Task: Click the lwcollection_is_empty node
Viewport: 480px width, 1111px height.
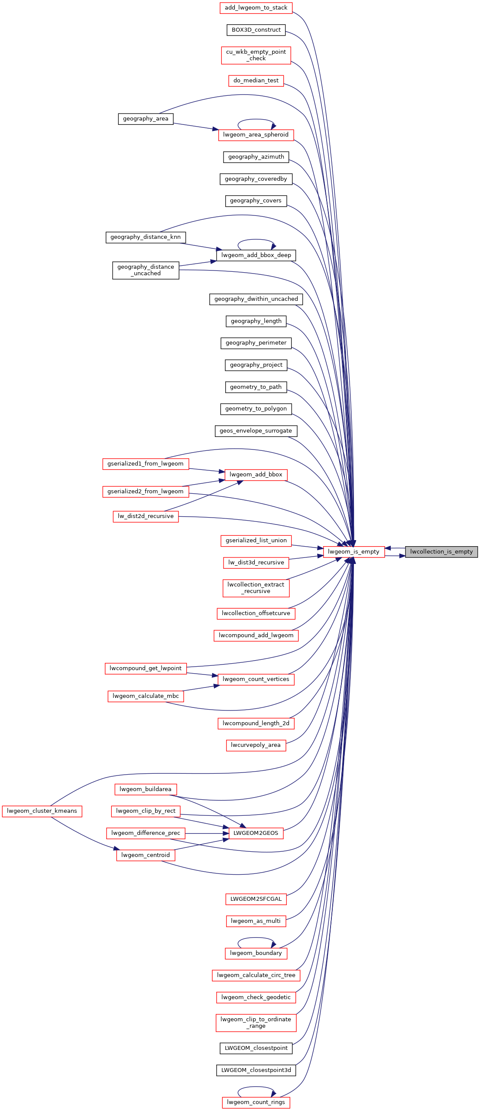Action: pos(441,552)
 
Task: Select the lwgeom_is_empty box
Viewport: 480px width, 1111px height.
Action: pos(354,552)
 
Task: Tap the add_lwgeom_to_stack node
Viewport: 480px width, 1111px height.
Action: pos(256,8)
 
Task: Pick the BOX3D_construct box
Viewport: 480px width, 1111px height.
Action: pos(256,30)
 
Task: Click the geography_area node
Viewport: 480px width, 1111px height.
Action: pos(146,119)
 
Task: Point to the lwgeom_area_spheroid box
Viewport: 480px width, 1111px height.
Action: pos(256,135)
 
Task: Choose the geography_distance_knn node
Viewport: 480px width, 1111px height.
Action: pos(146,237)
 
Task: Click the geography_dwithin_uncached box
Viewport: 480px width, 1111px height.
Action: pos(256,299)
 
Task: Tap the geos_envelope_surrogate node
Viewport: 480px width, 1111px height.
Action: pos(256,431)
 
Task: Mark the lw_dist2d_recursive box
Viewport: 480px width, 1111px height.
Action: pos(146,516)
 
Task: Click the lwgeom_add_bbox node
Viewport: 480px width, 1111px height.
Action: pos(256,475)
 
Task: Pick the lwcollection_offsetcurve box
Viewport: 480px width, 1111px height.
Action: pos(256,613)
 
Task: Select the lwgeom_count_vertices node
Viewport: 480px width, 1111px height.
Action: pos(256,679)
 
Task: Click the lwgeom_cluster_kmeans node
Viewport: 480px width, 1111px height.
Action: pos(42,811)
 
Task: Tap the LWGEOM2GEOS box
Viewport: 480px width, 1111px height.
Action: pos(256,833)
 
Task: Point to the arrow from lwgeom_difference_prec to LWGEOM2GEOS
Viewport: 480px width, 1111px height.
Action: pos(207,833)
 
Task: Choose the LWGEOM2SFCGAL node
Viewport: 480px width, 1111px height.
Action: pos(256,899)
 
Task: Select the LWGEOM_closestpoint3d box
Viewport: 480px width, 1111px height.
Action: pos(256,1070)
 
